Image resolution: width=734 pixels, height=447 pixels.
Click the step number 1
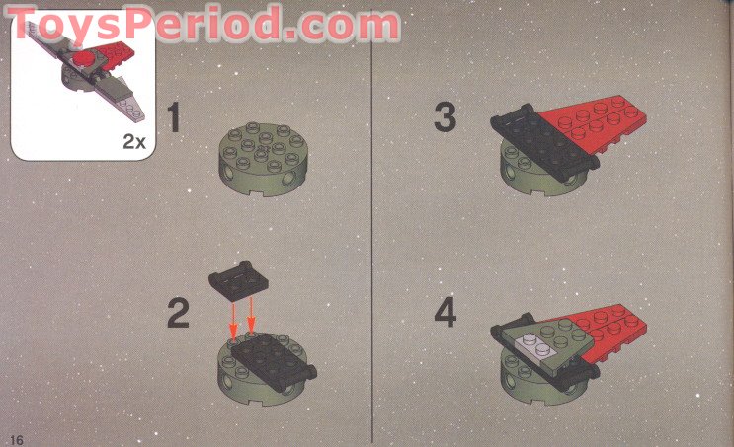click(x=174, y=116)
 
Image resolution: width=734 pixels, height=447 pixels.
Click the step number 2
click(x=179, y=313)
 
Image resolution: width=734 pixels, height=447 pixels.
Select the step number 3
click(x=445, y=116)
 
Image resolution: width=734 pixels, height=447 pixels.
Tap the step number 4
click(x=446, y=313)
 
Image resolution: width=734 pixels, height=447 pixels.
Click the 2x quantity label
click(x=134, y=141)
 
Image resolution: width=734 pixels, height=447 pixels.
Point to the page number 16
click(x=16, y=439)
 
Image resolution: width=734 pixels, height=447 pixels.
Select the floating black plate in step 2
click(x=238, y=279)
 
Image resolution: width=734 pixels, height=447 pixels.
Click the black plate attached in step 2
click(x=274, y=362)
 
